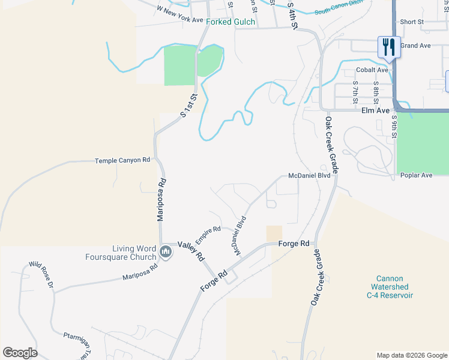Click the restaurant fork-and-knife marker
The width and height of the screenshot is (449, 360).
388,47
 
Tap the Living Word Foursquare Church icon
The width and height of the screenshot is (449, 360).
166,253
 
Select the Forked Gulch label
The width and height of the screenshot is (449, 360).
231,22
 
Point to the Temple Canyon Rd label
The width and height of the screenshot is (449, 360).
122,160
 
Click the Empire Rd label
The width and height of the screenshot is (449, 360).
208,233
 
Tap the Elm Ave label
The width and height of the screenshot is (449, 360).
375,111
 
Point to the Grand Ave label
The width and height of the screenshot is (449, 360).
416,46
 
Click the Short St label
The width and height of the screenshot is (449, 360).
412,22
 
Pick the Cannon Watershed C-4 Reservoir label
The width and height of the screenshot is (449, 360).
390,287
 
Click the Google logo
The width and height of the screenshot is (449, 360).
20,353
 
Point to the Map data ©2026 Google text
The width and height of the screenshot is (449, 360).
411,355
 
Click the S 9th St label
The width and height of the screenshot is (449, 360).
394,128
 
